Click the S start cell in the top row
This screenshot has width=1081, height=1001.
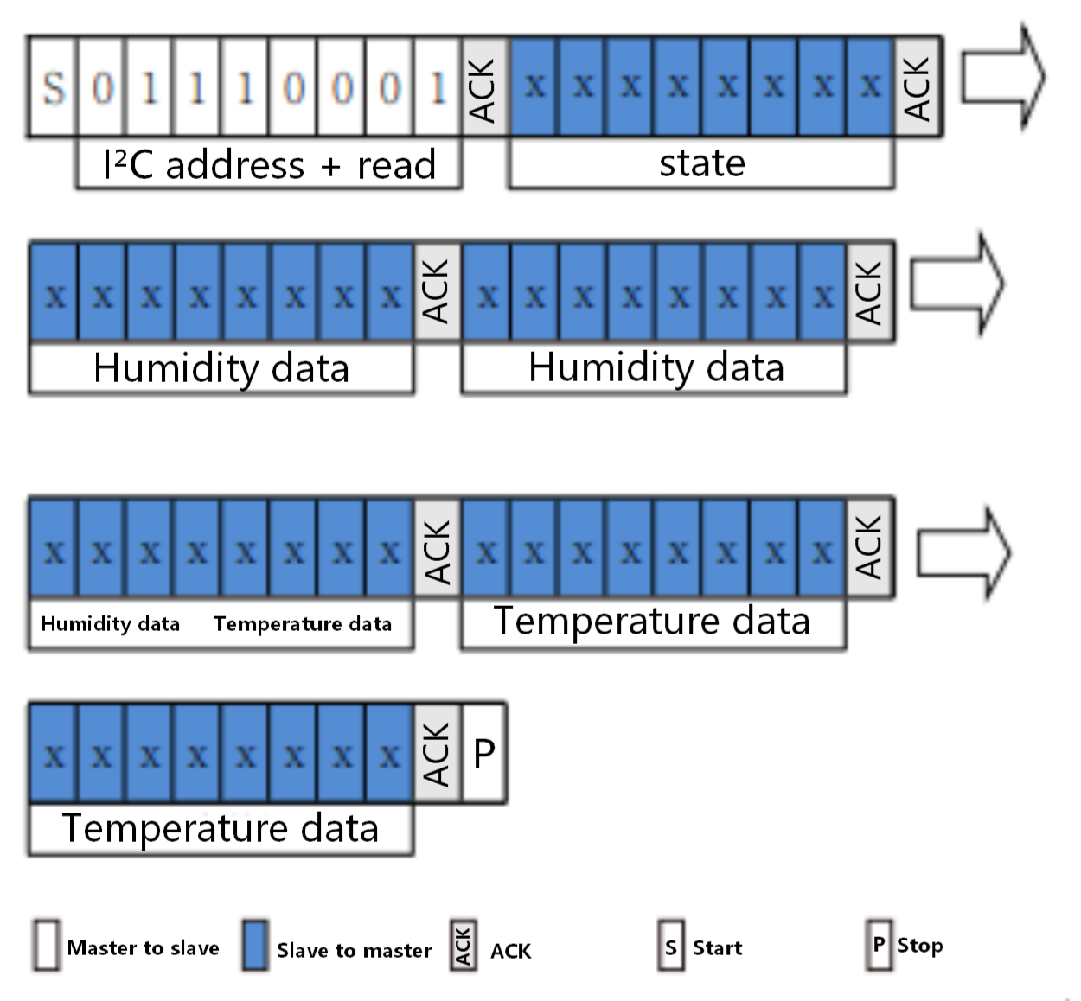(x=54, y=87)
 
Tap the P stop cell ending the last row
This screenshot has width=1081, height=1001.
(x=484, y=753)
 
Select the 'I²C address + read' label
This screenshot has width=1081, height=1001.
(x=269, y=164)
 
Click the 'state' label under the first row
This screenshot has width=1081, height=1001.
(x=701, y=163)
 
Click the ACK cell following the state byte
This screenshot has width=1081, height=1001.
(x=918, y=87)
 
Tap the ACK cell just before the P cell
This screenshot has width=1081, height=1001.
(x=438, y=753)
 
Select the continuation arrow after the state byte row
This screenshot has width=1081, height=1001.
(x=1002, y=78)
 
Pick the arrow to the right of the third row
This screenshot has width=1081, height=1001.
(x=962, y=553)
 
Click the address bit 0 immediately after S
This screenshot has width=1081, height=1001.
(x=102, y=87)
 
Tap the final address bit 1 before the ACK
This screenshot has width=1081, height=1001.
(x=438, y=87)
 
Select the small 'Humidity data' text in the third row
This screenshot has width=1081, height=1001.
(x=111, y=624)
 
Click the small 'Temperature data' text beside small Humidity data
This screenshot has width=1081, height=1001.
(x=303, y=624)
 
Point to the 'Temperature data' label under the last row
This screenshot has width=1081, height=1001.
(x=221, y=828)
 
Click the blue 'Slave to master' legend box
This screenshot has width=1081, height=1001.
(x=255, y=946)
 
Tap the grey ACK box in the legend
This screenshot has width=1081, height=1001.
(x=463, y=947)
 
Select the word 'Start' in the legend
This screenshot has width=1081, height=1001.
(x=717, y=947)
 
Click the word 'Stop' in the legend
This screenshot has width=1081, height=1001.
(x=919, y=946)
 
